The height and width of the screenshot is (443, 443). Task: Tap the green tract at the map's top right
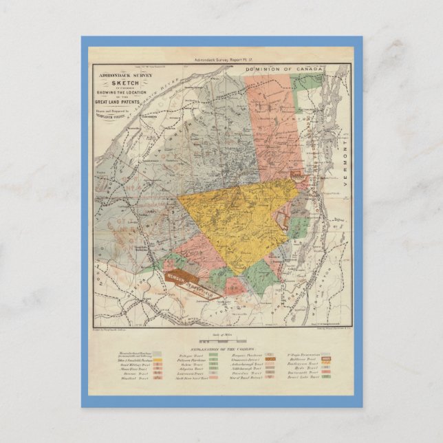303,84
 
